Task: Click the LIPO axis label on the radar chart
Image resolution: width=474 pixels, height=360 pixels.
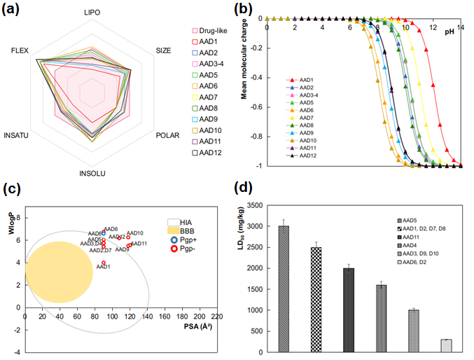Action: click(92, 13)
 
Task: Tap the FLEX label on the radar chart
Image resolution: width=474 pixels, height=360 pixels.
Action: click(21, 51)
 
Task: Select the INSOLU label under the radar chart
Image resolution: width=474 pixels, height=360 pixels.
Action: click(92, 170)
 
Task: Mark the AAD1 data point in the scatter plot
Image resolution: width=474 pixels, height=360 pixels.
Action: click(104, 263)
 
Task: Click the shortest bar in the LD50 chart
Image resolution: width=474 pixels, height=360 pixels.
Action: click(447, 345)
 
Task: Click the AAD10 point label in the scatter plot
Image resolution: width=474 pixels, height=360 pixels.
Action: click(135, 233)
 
